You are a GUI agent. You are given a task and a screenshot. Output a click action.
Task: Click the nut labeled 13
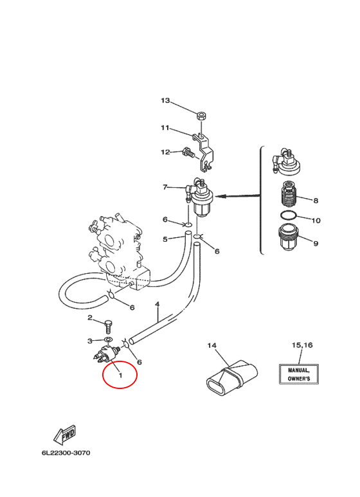(201, 116)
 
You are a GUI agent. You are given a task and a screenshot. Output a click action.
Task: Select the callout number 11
(165, 128)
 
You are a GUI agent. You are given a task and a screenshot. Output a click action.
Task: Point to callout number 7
(165, 187)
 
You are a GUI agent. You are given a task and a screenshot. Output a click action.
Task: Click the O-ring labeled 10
(288, 215)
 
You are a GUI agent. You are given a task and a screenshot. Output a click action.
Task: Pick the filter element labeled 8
(289, 193)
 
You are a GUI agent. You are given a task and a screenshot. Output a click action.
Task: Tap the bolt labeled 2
(108, 327)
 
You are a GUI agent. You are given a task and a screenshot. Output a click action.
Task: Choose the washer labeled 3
(108, 340)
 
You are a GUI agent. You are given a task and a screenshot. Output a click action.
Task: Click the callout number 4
(157, 305)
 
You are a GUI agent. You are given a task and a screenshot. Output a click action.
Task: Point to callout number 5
(165, 239)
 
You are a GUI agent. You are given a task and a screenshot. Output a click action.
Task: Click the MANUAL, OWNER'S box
(299, 374)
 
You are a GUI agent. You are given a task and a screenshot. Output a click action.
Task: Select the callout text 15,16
(302, 345)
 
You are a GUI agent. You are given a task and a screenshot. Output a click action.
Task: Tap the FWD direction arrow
(65, 434)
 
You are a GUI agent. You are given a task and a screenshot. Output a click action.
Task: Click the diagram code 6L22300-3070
(66, 453)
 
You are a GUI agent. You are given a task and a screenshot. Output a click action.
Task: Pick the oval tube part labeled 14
(232, 377)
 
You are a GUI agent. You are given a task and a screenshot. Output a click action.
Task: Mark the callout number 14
(212, 345)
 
